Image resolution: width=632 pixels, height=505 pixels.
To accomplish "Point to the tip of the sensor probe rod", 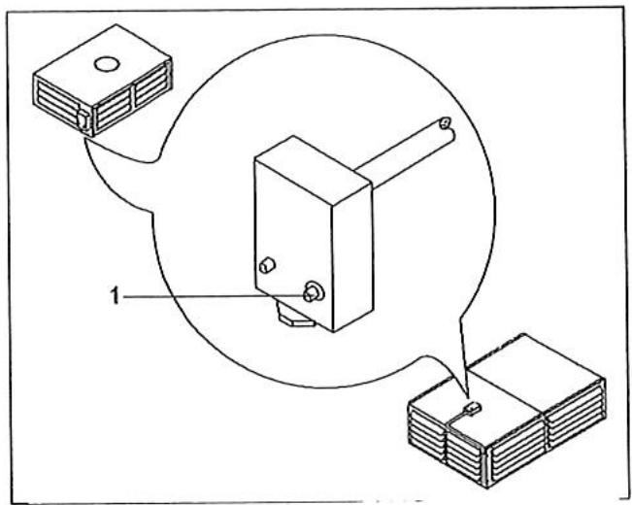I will (444, 124).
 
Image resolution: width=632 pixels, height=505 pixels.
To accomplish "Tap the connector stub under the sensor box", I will (295, 317).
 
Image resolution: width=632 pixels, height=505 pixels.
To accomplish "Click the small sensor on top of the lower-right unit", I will (473, 409).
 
